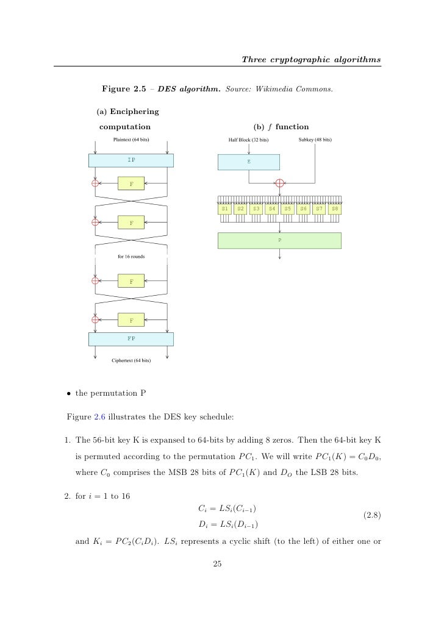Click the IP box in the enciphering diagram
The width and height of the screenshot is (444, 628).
coord(131,160)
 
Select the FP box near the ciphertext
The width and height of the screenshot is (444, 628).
coord(131,338)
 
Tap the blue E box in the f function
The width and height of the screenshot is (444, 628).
coord(249,162)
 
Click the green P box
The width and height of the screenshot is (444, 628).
coord(279,240)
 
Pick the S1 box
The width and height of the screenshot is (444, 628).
coord(225,209)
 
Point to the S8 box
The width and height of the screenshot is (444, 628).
coord(334,209)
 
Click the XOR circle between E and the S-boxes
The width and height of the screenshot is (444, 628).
coord(280,182)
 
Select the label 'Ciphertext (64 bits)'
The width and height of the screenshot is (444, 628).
coord(131,360)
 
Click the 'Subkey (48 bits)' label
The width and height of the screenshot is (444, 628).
coord(315,140)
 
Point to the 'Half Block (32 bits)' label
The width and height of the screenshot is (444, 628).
coord(248,140)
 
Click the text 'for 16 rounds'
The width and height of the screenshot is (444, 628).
coord(131,257)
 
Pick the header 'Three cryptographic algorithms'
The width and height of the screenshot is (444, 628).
coord(311,59)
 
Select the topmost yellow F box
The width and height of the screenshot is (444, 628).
coord(131,183)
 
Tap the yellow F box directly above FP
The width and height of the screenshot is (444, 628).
coord(131,319)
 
